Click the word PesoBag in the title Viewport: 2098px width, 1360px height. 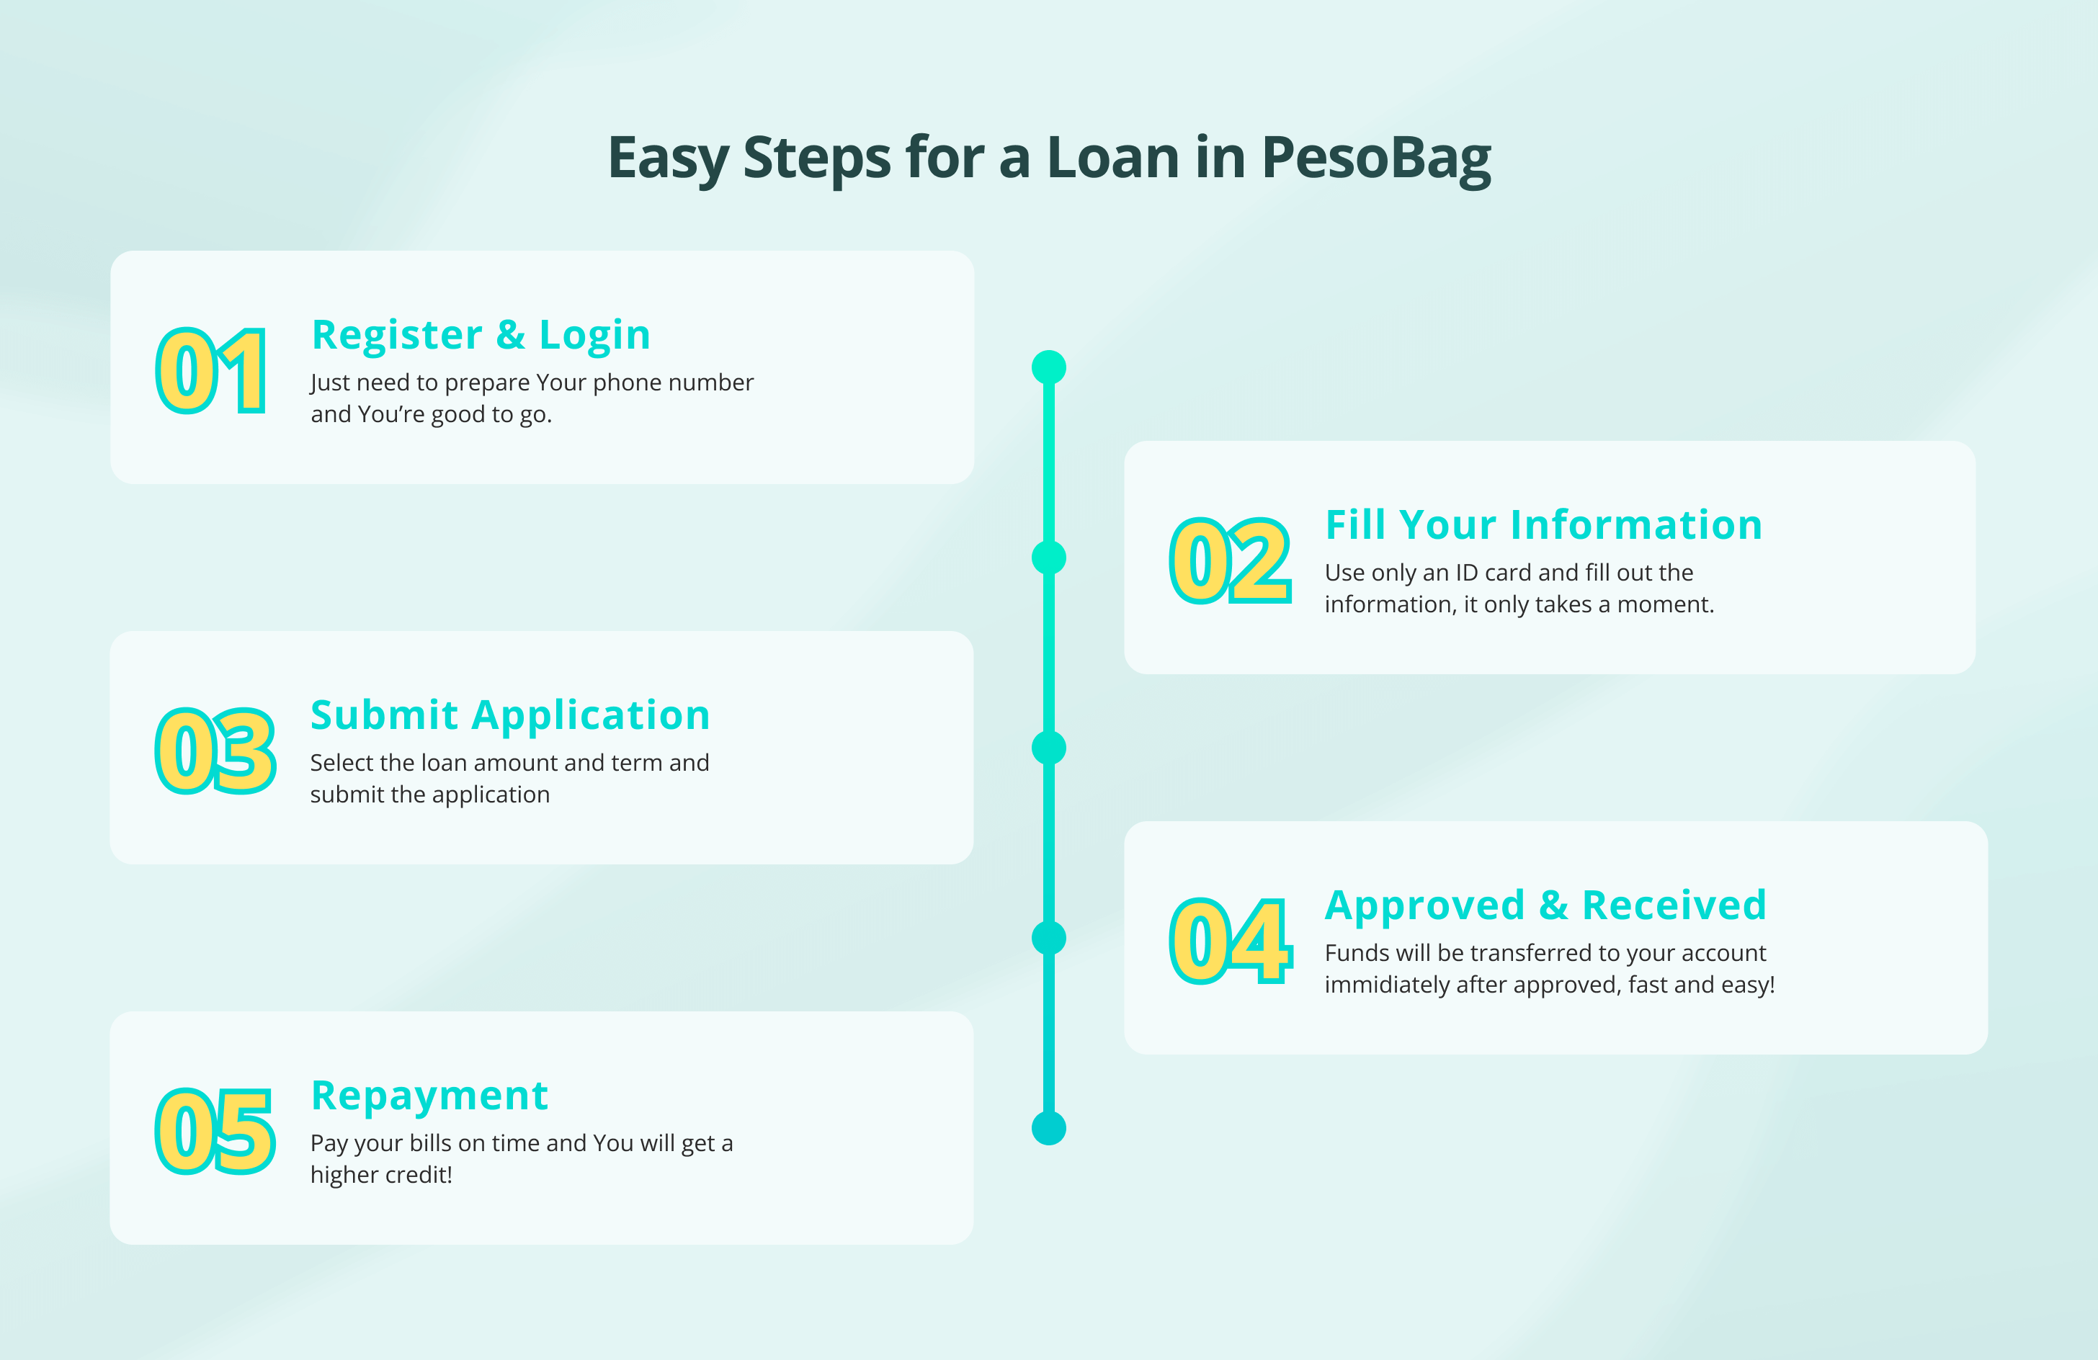pos(1376,159)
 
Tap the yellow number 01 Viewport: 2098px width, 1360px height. pos(212,370)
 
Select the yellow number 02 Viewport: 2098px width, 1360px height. pos(1231,560)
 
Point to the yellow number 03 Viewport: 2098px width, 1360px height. pos(216,751)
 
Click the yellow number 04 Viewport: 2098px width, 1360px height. pos(1231,941)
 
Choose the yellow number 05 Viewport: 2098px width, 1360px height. pos(216,1132)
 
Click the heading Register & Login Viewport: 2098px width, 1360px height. pos(481,335)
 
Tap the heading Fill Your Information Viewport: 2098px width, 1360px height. pos(1543,524)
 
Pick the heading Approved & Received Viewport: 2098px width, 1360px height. pos(1545,905)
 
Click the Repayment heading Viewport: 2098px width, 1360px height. pos(430,1096)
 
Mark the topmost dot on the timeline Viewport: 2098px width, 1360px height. pos(1049,367)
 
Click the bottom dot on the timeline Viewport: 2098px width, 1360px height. pos(1049,1128)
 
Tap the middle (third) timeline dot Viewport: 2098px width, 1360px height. pos(1049,748)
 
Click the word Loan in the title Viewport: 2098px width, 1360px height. pos(1113,158)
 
